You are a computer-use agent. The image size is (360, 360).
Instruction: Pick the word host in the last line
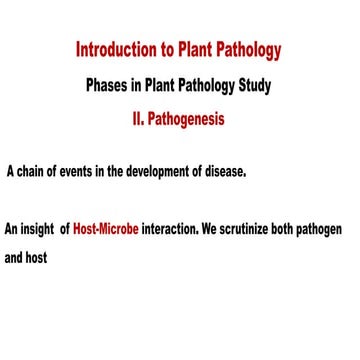pyautogui.click(x=37, y=255)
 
